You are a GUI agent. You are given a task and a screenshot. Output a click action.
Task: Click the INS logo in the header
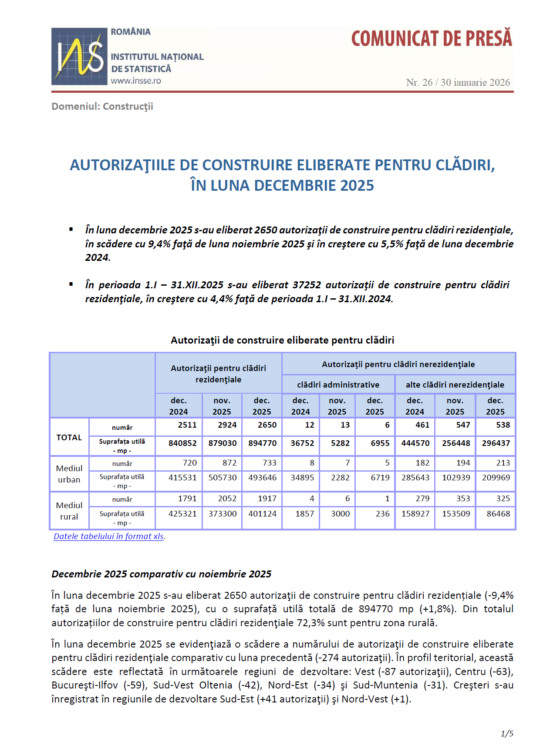(x=79, y=56)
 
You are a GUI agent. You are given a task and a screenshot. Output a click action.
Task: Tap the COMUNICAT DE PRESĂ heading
(x=431, y=39)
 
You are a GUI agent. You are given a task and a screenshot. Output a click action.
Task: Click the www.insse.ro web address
(x=136, y=81)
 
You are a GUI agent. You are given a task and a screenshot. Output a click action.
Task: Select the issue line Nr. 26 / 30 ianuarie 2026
(x=458, y=83)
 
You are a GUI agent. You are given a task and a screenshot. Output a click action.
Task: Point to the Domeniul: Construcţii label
(x=102, y=107)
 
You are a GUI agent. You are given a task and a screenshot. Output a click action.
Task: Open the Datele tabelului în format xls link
(x=109, y=537)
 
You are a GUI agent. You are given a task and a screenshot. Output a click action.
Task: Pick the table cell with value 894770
(x=262, y=443)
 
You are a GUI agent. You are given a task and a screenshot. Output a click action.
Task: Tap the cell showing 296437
(x=496, y=443)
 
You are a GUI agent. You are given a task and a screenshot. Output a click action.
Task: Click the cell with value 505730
(x=223, y=478)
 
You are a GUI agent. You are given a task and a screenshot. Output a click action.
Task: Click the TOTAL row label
(x=69, y=438)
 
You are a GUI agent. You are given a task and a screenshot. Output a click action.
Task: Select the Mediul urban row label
(x=69, y=474)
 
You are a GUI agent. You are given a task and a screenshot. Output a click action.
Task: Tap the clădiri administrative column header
(x=338, y=385)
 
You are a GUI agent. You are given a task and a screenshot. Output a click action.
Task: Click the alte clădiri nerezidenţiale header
(x=455, y=385)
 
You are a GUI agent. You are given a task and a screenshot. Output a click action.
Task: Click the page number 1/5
(x=507, y=734)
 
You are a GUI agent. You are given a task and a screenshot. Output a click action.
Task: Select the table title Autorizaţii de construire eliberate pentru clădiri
(x=282, y=341)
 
